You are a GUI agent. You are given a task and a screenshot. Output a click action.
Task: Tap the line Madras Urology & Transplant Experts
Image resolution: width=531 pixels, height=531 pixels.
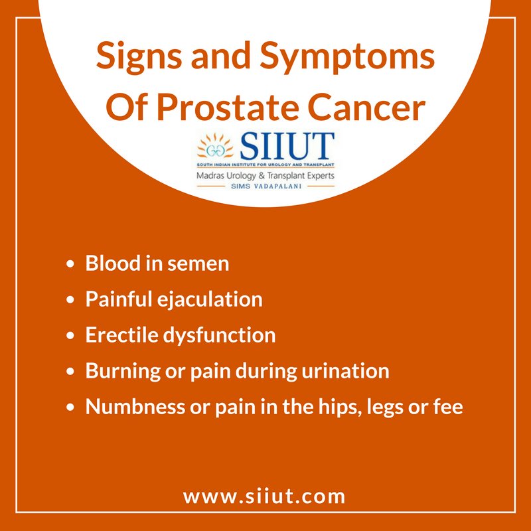[x=265, y=175]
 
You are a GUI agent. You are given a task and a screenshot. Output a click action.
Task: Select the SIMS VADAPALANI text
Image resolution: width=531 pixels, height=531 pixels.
[x=265, y=188]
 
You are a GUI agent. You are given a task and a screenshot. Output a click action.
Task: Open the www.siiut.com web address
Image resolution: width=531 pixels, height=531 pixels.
[x=264, y=496]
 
